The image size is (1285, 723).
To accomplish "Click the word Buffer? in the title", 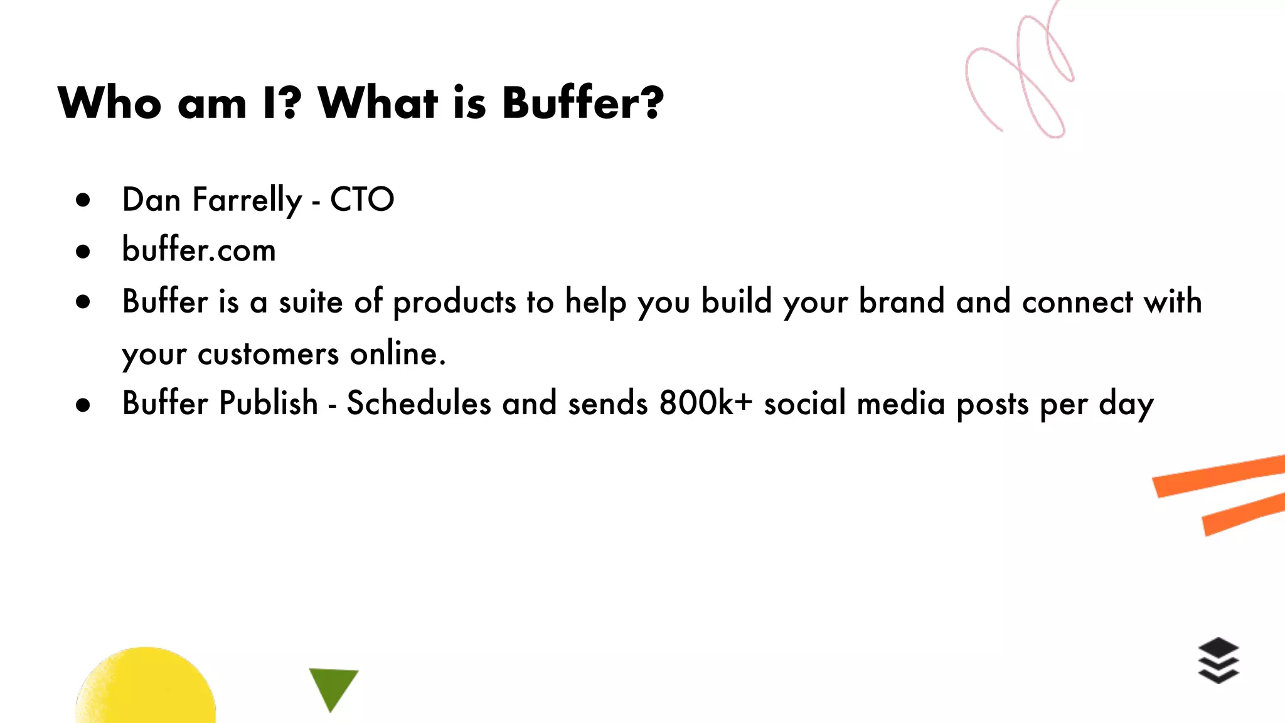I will point(582,103).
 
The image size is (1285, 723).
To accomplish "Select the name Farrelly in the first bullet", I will point(247,200).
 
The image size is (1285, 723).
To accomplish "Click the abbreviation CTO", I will point(362,200).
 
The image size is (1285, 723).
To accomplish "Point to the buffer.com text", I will point(199,250).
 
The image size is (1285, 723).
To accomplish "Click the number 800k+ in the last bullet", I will point(705,403).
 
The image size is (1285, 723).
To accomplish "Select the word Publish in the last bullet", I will point(269,403).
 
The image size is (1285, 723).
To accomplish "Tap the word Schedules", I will point(419,403).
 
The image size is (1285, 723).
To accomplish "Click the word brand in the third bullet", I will point(902,302).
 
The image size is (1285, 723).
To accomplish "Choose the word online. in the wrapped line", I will point(398,354).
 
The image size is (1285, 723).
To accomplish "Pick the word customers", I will point(269,354).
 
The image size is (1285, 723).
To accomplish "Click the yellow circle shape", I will point(146,687).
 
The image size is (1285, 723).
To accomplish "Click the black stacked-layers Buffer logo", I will point(1218,660).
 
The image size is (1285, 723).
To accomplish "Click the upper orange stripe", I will point(1217,476).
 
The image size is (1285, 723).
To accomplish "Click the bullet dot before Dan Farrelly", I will point(83,201).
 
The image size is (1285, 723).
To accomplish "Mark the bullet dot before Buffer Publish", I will point(83,405).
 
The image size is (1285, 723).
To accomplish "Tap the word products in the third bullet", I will point(454,302).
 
